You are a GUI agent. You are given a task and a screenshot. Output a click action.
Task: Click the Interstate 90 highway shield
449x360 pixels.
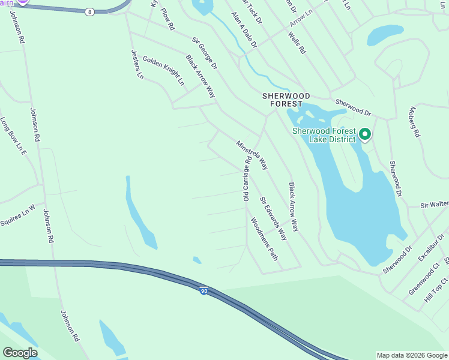pos(204,291)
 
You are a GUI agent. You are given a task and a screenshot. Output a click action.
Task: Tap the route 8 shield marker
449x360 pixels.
pos(89,11)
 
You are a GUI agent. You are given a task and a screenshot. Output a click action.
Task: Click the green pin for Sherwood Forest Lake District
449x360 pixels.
pos(365,134)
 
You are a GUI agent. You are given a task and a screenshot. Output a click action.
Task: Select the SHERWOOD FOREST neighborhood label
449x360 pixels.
pos(286,100)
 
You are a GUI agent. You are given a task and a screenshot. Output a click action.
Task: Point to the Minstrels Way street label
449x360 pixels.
pos(252,155)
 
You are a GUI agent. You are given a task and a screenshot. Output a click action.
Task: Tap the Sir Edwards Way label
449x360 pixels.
pos(273,218)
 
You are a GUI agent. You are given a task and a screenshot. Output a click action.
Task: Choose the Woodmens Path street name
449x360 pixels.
pos(264,239)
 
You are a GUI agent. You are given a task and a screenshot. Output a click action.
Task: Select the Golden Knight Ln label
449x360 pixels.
pos(163,71)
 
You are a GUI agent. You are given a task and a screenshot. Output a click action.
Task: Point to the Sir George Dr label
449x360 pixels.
pos(205,53)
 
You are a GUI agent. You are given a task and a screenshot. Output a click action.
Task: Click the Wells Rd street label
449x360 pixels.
pos(297,43)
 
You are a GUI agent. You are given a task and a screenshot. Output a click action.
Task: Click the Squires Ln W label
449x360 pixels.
pos(18,212)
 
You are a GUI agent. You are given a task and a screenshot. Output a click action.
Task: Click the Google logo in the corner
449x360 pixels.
pos(20,353)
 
